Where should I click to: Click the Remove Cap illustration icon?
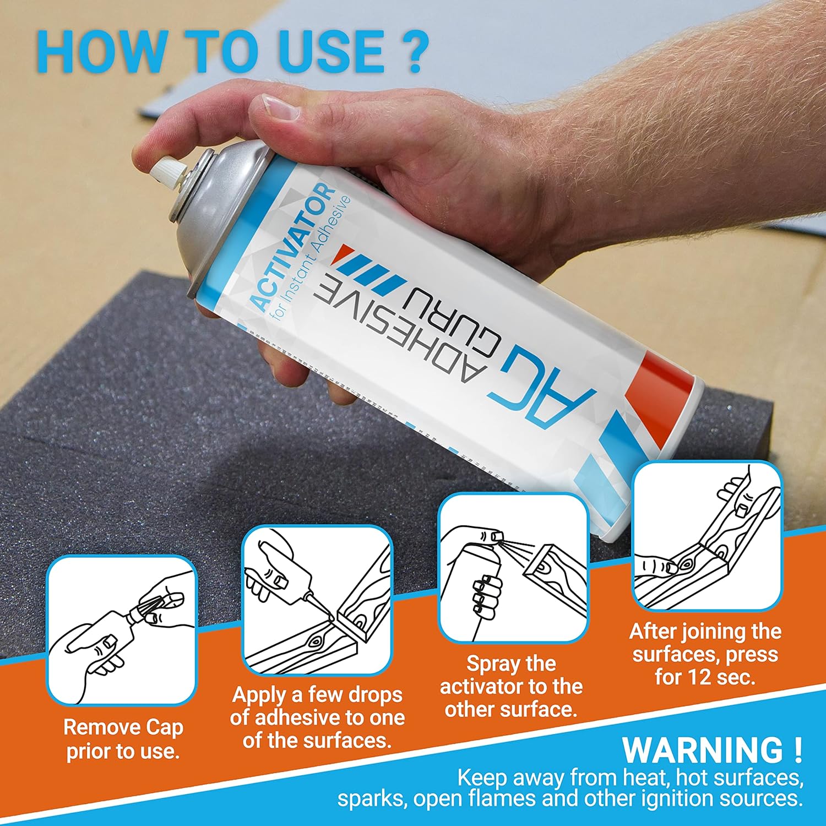(x=122, y=630)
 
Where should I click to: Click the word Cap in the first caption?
(x=164, y=728)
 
